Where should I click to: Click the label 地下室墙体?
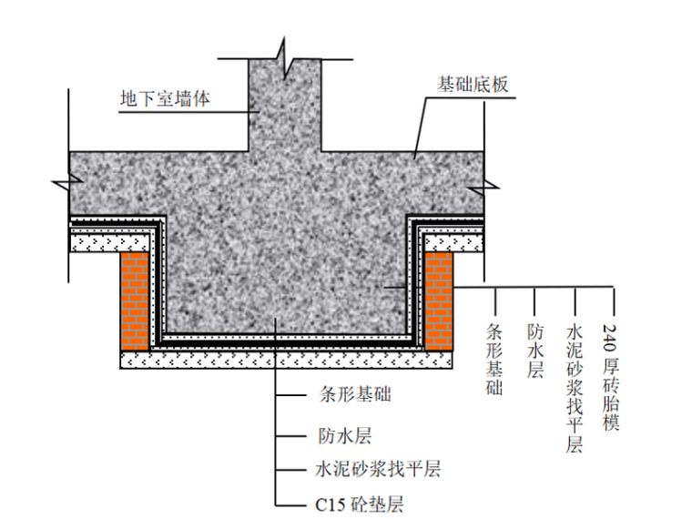(165, 98)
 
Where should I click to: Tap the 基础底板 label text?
(473, 85)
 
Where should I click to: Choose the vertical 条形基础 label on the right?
(495, 358)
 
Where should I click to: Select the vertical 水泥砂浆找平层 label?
(574, 386)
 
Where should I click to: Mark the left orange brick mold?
(135, 300)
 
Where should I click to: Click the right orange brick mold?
(439, 300)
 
